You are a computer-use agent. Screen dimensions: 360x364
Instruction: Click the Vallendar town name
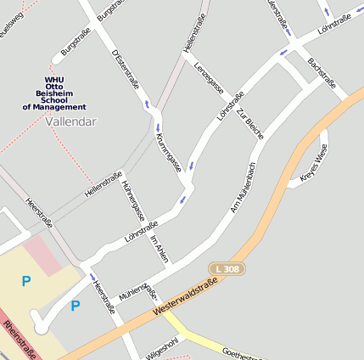[x=71, y=121]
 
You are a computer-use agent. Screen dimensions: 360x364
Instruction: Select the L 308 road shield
[x=227, y=268]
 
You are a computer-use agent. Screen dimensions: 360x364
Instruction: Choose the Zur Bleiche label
[x=250, y=123]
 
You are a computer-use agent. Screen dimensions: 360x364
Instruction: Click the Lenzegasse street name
[x=208, y=78]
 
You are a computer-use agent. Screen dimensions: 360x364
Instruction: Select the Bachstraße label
[x=323, y=74]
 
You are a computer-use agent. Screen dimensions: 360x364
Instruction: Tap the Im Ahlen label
[x=160, y=249]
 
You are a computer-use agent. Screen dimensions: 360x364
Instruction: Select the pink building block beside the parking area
[x=40, y=255]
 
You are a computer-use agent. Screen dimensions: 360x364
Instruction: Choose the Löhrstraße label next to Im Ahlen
[x=141, y=230]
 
